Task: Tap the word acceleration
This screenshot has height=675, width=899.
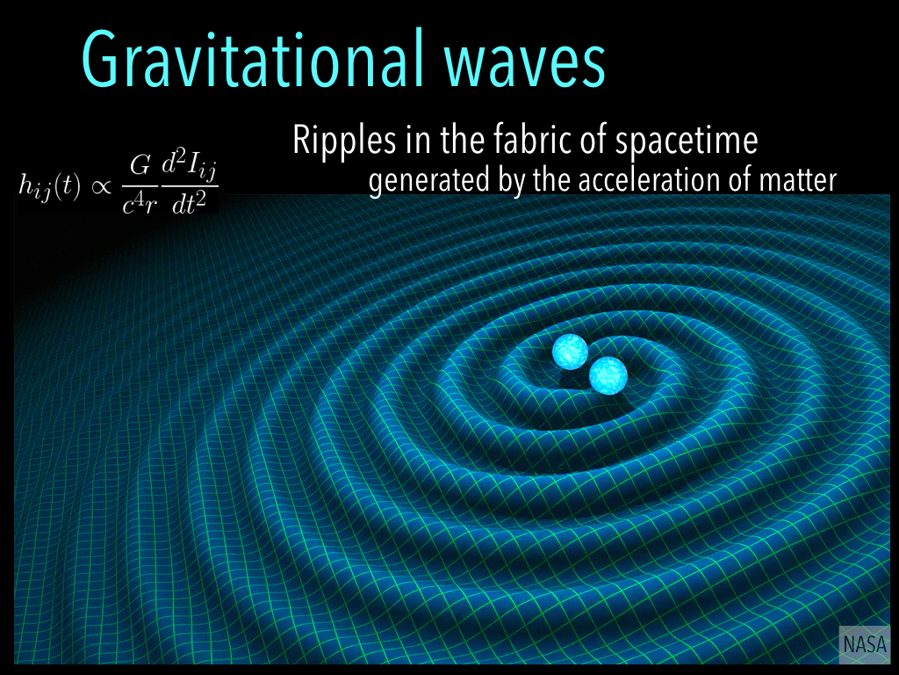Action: (615, 180)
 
